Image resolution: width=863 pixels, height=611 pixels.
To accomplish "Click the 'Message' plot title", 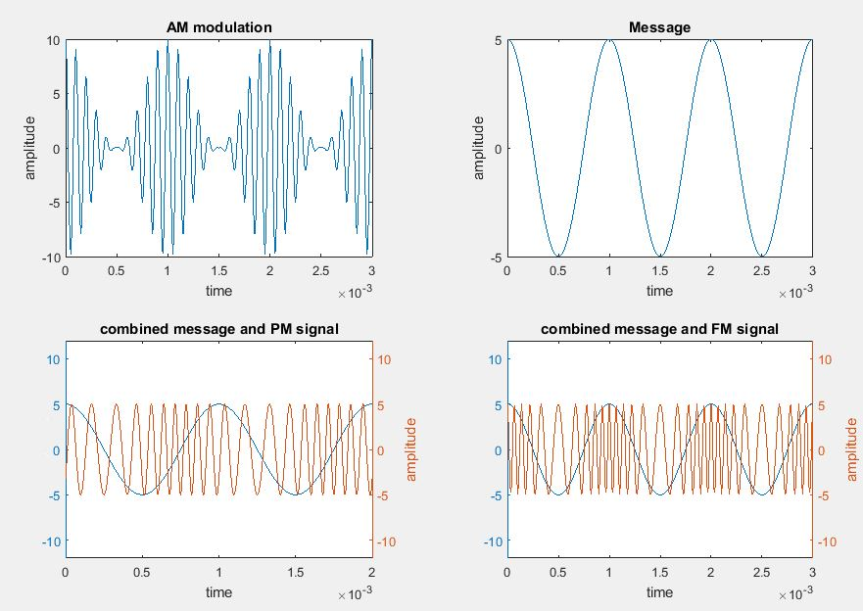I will [x=659, y=27].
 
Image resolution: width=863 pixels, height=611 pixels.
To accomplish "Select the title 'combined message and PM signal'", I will [x=219, y=329].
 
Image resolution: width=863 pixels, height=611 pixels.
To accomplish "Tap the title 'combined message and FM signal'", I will [x=659, y=329].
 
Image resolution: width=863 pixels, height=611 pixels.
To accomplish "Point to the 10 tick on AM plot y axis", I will [x=53, y=40].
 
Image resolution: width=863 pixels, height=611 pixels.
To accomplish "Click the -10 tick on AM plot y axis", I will [x=50, y=258].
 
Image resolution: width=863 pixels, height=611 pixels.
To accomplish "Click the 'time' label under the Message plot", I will [x=659, y=291].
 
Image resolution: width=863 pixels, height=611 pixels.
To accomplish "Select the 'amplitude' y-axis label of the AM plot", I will [x=30, y=149].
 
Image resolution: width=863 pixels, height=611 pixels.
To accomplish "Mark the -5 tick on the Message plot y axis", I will [x=496, y=258].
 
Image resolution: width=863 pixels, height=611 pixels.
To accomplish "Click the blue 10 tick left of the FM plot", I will [x=495, y=359].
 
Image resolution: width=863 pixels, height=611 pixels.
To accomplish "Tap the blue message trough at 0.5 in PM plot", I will [x=143, y=494].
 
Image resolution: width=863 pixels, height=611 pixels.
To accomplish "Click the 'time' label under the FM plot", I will [x=659, y=592].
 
